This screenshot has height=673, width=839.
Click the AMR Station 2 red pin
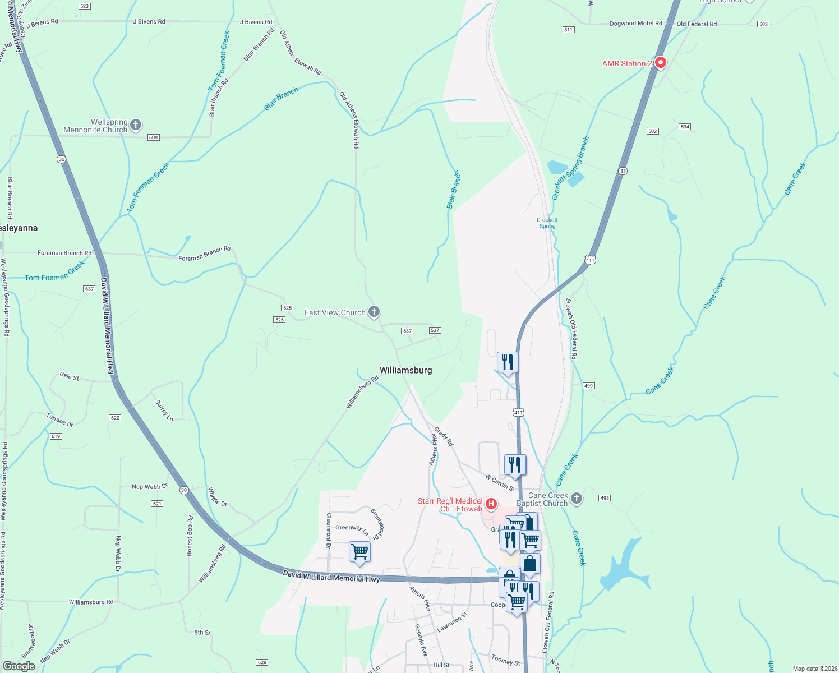[660, 63]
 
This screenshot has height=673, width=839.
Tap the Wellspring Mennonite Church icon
[136, 125]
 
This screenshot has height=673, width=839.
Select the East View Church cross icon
[374, 312]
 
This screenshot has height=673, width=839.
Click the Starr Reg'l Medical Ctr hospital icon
[491, 504]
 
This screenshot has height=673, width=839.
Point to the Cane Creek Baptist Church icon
[576, 498]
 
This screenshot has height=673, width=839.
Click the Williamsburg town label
[405, 370]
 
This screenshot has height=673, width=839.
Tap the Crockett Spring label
[547, 223]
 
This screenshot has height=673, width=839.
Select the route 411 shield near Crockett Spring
[590, 260]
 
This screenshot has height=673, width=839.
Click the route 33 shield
[623, 170]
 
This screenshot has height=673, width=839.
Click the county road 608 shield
[154, 137]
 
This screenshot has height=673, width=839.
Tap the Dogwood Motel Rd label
[635, 24]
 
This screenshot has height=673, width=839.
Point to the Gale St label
[70, 376]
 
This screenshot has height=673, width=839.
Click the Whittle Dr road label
[218, 497]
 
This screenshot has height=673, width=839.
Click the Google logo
[19, 666]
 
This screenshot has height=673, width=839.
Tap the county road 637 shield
[89, 289]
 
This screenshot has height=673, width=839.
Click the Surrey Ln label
[164, 411]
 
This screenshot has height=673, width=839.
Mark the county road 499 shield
[588, 386]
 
